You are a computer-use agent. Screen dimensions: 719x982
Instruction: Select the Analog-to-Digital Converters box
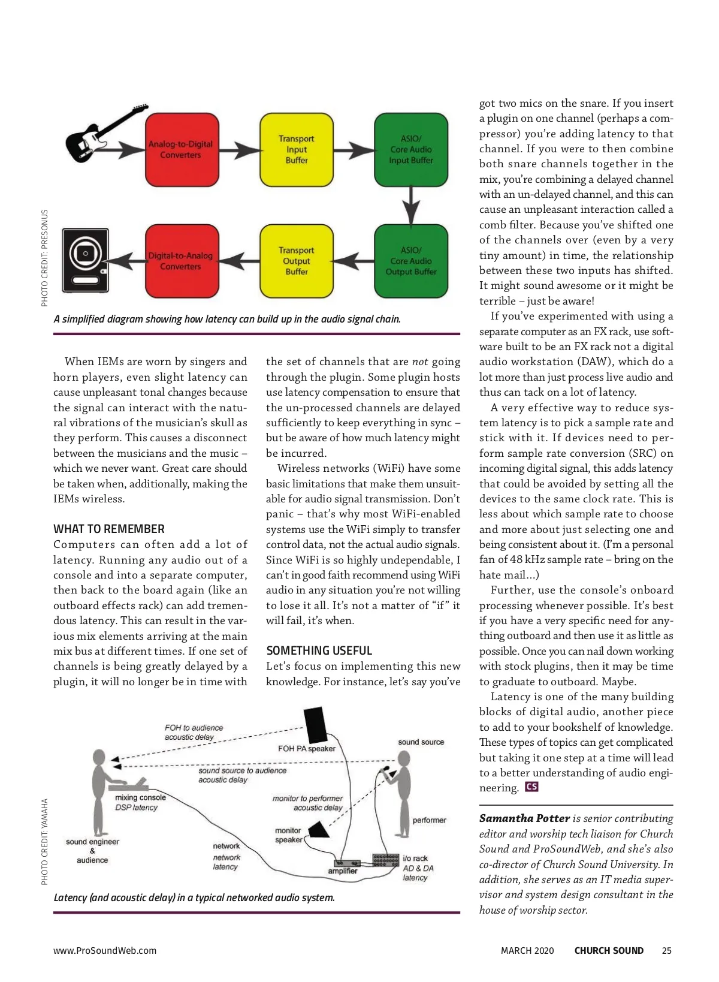click(182, 149)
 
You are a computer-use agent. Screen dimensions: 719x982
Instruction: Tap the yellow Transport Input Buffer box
click(297, 149)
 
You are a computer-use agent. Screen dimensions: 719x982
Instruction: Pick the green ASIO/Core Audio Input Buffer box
click(411, 149)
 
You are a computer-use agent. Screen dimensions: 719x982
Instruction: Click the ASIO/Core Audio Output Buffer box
click(411, 261)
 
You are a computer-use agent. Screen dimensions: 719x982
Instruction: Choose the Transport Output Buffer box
click(297, 261)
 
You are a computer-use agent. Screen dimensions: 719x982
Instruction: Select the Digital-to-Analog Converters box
click(182, 261)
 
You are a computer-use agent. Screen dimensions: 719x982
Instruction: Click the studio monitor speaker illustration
click(86, 260)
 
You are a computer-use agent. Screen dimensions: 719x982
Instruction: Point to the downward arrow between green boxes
click(411, 206)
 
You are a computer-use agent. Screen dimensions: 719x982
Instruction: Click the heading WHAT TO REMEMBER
click(109, 529)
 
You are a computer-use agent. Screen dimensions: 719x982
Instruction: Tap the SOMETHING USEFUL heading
click(319, 650)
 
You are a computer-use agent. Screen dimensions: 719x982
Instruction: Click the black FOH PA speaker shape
click(316, 724)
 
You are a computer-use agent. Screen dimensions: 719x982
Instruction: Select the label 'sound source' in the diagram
click(421, 742)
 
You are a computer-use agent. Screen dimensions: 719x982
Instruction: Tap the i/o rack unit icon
click(386, 860)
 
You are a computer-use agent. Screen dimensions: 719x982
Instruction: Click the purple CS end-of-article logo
click(532, 787)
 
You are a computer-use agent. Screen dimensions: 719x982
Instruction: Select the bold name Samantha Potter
click(524, 818)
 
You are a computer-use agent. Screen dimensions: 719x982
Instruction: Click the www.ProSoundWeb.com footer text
click(105, 950)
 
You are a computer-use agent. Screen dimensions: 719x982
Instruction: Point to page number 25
click(666, 950)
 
